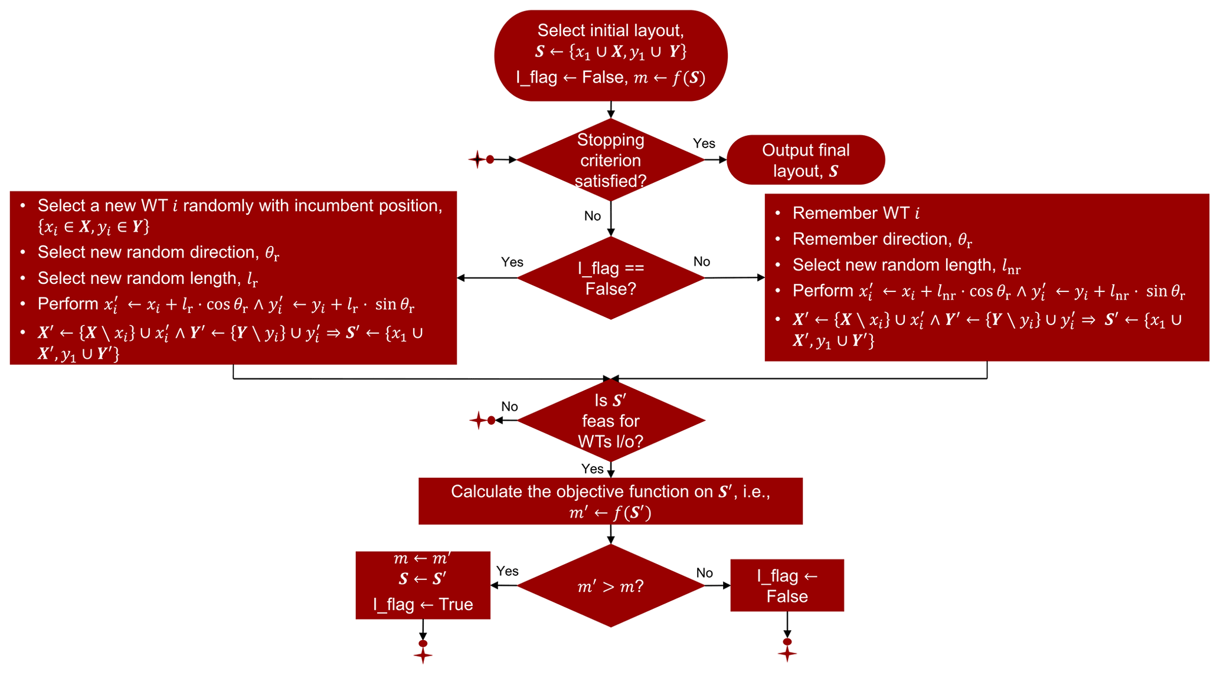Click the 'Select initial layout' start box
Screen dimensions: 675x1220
click(x=610, y=55)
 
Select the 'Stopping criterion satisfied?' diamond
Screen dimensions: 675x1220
click(x=610, y=160)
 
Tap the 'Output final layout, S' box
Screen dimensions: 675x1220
click(x=805, y=160)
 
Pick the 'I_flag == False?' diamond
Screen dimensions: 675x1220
click(x=610, y=278)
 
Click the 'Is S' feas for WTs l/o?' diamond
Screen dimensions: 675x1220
click(x=610, y=421)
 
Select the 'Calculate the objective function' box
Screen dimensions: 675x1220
click(x=610, y=501)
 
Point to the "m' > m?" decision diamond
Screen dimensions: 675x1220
click(x=610, y=586)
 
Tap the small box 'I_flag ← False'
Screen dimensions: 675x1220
click(x=787, y=585)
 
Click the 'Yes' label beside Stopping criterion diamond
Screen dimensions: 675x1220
click(x=704, y=143)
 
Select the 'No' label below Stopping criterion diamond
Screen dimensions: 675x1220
click(x=592, y=216)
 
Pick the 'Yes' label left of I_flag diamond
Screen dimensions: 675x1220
click(x=512, y=262)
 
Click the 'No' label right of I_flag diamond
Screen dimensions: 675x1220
click(x=701, y=261)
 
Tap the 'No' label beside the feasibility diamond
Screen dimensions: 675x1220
click(x=509, y=407)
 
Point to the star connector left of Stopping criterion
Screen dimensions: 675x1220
click(x=477, y=159)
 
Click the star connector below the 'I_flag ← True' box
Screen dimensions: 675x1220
click(x=423, y=655)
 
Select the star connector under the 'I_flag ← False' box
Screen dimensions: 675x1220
click(x=787, y=653)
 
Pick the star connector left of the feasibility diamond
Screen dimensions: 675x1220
click(x=478, y=421)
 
